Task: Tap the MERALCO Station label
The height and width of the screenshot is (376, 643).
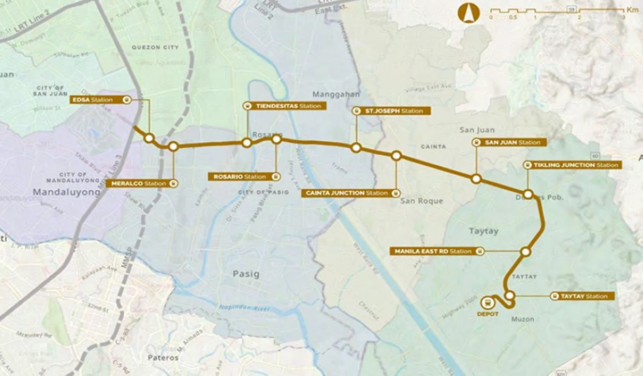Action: tap(142, 183)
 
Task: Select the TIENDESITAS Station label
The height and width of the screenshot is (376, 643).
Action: tap(284, 106)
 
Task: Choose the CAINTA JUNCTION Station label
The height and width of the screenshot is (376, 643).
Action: tap(351, 193)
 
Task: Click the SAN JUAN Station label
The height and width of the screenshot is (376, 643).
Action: tap(509, 142)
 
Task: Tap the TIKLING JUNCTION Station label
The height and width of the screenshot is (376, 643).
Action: tap(572, 165)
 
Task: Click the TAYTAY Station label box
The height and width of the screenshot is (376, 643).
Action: tap(582, 296)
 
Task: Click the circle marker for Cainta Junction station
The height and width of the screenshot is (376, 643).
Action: tap(396, 156)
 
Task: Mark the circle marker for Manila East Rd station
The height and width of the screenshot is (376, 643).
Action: tap(526, 252)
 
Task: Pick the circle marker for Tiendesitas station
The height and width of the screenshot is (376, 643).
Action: tap(246, 142)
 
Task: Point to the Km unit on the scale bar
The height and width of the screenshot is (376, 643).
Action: tap(632, 10)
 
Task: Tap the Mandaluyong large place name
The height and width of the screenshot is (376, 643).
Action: tap(66, 191)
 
